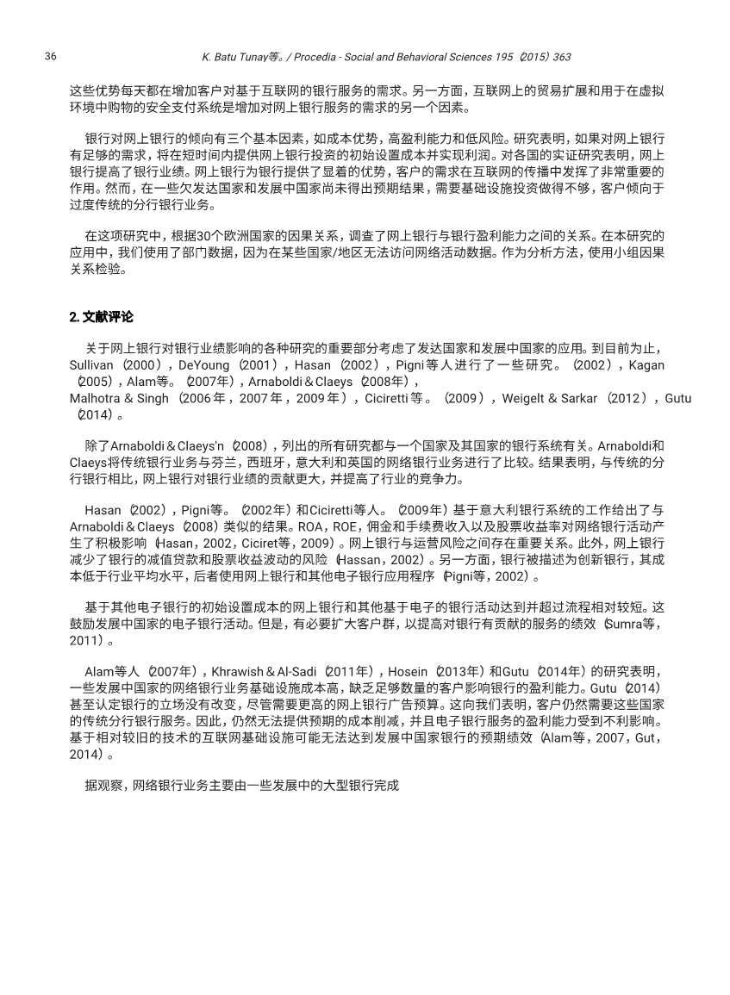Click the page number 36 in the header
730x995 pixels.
(50, 57)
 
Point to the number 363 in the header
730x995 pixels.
(561, 57)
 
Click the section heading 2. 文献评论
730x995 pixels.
(101, 317)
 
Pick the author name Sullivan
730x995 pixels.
(91, 365)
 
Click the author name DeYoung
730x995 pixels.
(203, 365)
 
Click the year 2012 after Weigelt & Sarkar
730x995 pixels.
(632, 398)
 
